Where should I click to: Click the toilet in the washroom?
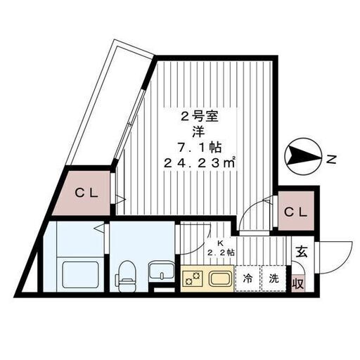(x=126, y=276)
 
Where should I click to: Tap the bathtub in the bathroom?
(x=81, y=275)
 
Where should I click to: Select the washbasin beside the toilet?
(x=162, y=271)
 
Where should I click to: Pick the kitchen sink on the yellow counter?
(x=221, y=278)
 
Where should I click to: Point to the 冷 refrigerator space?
(x=247, y=278)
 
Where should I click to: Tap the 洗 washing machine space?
(x=274, y=278)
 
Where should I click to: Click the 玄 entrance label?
(x=302, y=252)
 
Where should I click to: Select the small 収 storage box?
(x=298, y=283)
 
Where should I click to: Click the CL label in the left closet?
(x=86, y=193)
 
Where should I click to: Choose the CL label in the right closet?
(x=295, y=212)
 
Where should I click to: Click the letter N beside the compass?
(x=331, y=160)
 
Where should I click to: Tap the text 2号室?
(x=200, y=117)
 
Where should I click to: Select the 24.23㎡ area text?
(x=200, y=162)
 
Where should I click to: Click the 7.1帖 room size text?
(x=199, y=148)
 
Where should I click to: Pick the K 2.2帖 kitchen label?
(x=221, y=248)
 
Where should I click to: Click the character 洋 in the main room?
(x=199, y=132)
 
